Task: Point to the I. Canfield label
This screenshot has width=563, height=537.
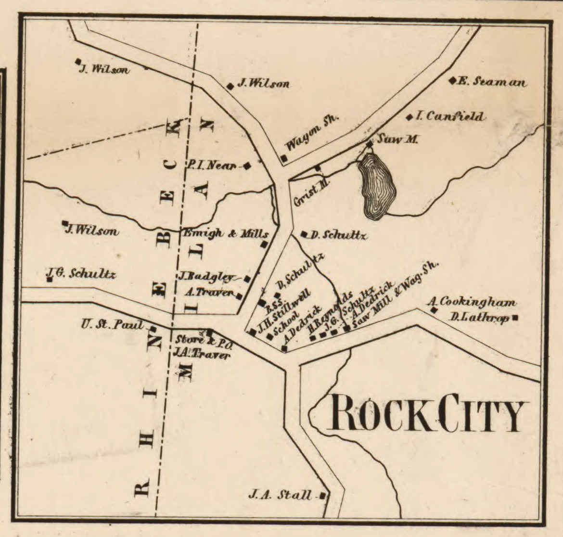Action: (x=449, y=117)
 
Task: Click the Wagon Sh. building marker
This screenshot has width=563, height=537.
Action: (x=284, y=158)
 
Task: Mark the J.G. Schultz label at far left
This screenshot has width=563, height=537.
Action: (x=81, y=274)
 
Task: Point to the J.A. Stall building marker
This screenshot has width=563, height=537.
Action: (x=323, y=495)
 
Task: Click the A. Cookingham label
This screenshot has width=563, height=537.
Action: (x=472, y=303)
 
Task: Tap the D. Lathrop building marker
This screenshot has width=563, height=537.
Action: (x=515, y=318)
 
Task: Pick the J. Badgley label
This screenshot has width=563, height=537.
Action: (x=207, y=277)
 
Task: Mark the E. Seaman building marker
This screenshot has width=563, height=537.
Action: (x=452, y=81)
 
